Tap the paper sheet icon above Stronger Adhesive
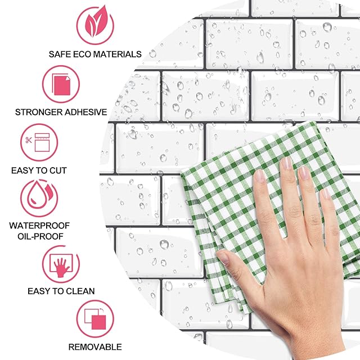click(61, 85)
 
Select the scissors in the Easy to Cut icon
click(29, 140)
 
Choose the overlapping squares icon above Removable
click(95, 319)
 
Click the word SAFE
click(60, 55)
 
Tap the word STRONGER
click(39, 112)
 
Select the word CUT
click(58, 170)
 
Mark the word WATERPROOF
click(39, 226)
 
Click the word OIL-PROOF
click(40, 236)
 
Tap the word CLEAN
click(80, 291)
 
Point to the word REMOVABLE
click(95, 347)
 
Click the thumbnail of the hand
click(223, 256)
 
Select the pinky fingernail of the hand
click(325, 194)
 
